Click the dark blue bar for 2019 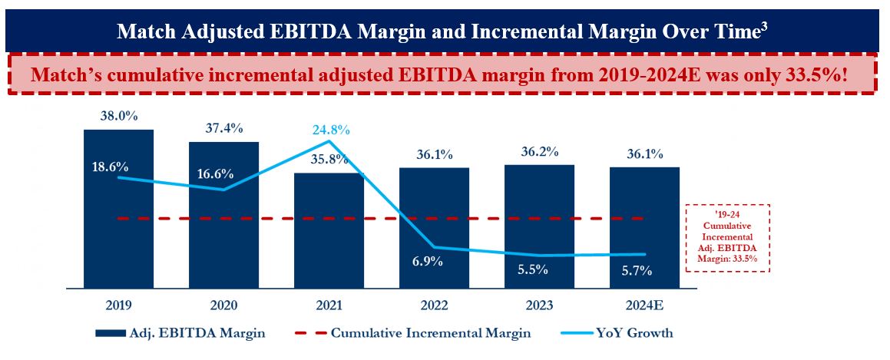click(118, 230)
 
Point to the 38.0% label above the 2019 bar click(118, 116)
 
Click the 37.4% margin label click(224, 128)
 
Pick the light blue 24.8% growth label click(330, 130)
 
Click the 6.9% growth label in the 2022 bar click(434, 262)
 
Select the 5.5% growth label click(539, 269)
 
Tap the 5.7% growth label click(644, 269)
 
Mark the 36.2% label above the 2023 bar click(539, 151)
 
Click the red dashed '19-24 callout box click(728, 238)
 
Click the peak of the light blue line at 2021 click(329, 141)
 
